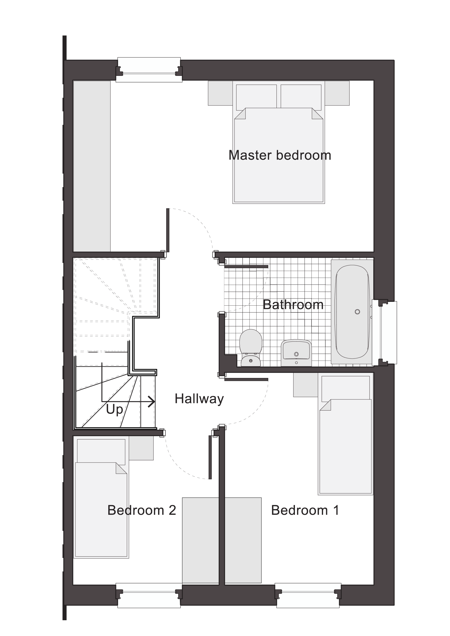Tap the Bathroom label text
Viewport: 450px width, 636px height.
coord(293,305)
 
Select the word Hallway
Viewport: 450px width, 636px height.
coord(199,399)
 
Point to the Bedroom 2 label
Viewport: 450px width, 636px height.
coord(141,510)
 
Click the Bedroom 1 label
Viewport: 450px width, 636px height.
coord(305,510)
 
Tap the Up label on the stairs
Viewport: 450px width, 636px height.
coord(115,410)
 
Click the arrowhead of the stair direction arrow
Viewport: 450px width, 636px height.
coord(152,402)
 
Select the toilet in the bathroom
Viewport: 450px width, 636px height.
coord(251,348)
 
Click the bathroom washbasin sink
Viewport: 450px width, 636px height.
coord(296,353)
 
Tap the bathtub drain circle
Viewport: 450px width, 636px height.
coord(357,312)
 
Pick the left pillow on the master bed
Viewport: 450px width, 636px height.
coord(256,97)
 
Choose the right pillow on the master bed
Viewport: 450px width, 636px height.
coord(301,97)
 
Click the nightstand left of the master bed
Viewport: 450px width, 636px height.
coord(220,93)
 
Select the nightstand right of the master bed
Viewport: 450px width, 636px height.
coord(337,93)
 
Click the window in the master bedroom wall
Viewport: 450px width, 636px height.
coord(149,70)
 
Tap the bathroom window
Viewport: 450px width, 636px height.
coord(384,332)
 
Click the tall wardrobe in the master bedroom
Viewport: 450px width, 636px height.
coord(92,166)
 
